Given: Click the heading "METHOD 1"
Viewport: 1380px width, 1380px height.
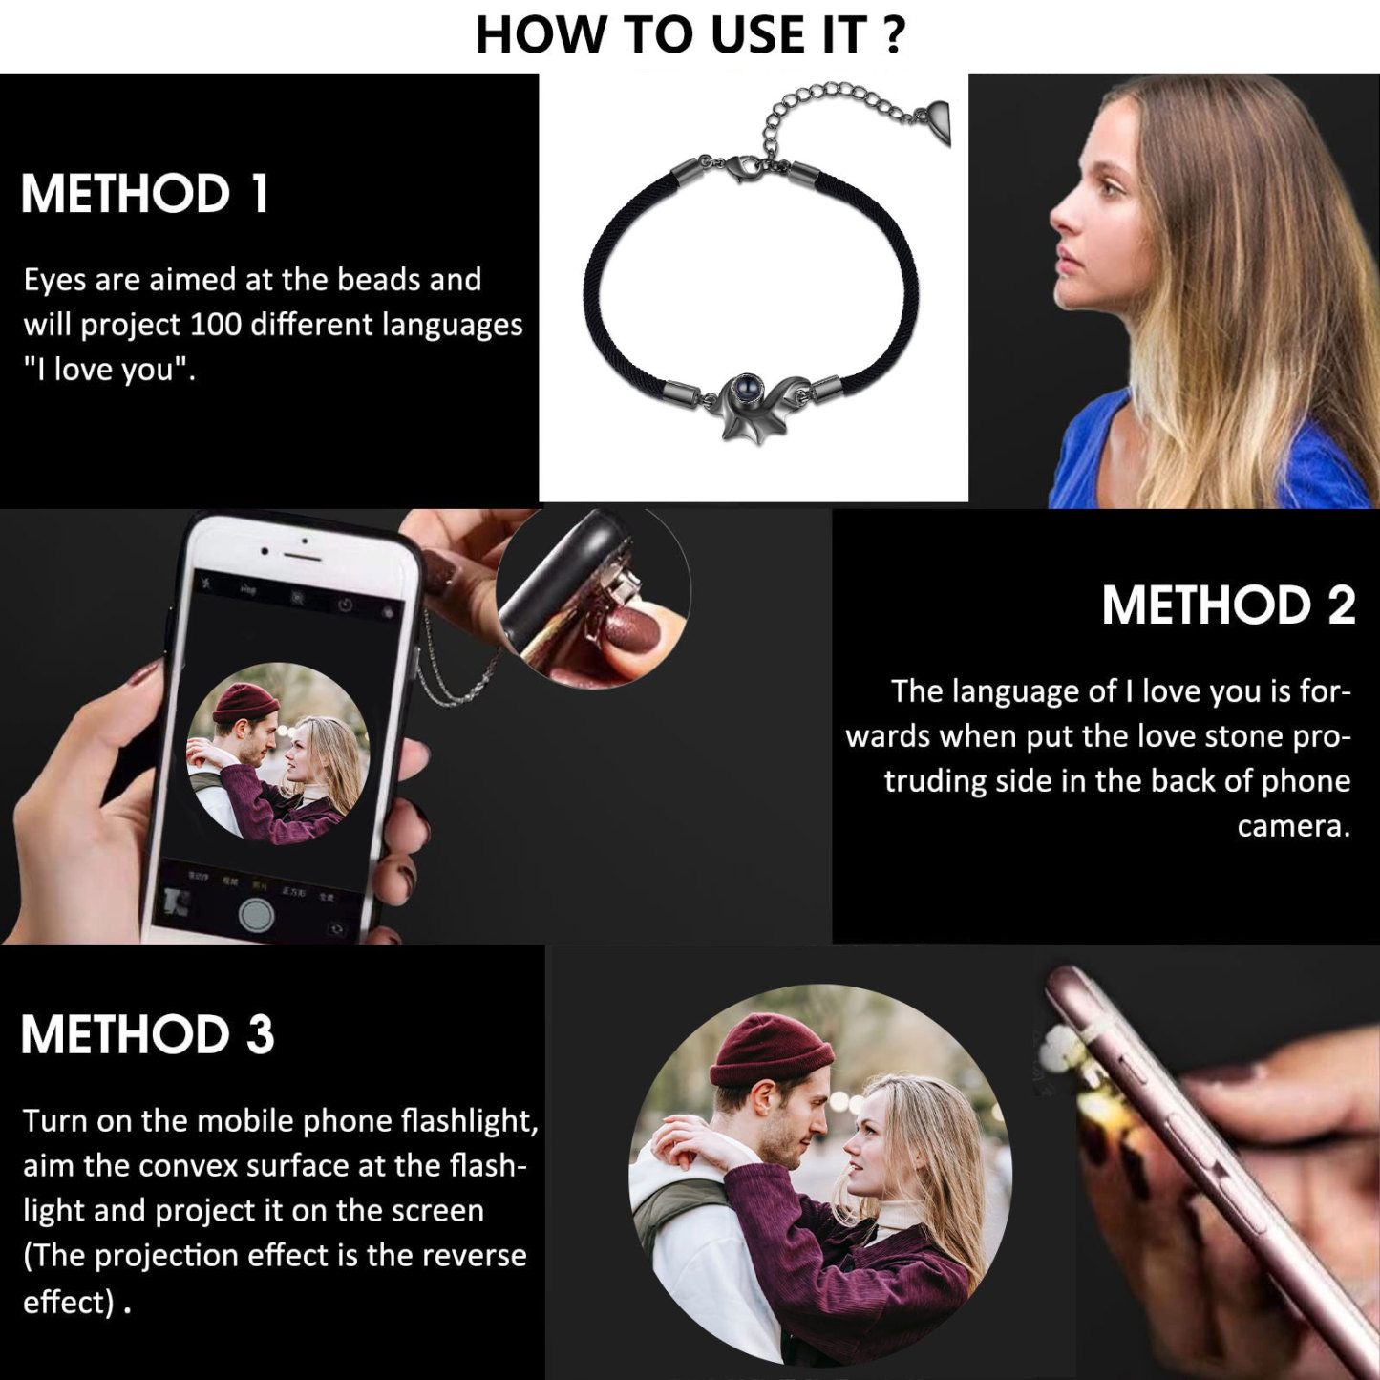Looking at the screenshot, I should [x=144, y=194].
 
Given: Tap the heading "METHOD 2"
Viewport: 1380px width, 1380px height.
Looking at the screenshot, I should [x=1228, y=605].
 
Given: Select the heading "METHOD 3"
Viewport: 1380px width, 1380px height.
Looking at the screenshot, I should [x=147, y=1034].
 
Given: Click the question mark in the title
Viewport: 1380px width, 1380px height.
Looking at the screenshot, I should [x=893, y=35].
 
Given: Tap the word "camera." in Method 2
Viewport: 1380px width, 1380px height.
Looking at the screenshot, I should [x=1293, y=825].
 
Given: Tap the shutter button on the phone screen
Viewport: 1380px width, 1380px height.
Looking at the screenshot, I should [x=256, y=914].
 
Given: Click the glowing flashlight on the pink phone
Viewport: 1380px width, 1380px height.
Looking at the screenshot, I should [x=1098, y=1108].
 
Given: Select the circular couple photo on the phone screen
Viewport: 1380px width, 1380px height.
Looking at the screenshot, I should [x=277, y=754].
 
